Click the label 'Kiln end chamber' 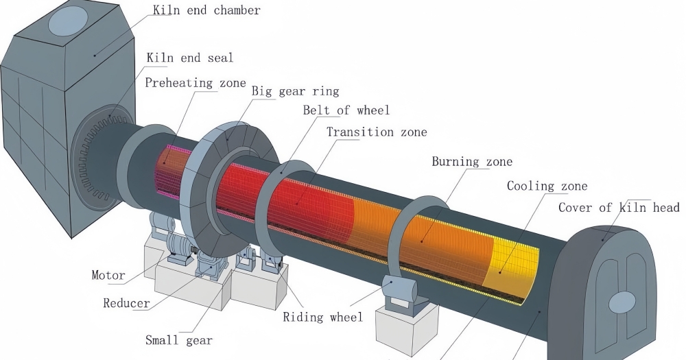[x=206, y=10]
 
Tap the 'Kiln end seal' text [x=190, y=58]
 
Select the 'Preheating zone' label [x=195, y=83]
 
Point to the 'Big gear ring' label [x=295, y=91]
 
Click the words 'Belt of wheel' [x=346, y=110]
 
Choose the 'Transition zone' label [x=377, y=132]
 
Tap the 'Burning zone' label [x=472, y=161]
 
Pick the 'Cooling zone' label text [x=547, y=186]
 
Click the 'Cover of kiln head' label [x=619, y=207]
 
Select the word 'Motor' [x=108, y=275]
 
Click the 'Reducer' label [x=126, y=302]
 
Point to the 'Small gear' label [x=179, y=340]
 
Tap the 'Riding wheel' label [x=323, y=317]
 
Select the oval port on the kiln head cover [x=622, y=302]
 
